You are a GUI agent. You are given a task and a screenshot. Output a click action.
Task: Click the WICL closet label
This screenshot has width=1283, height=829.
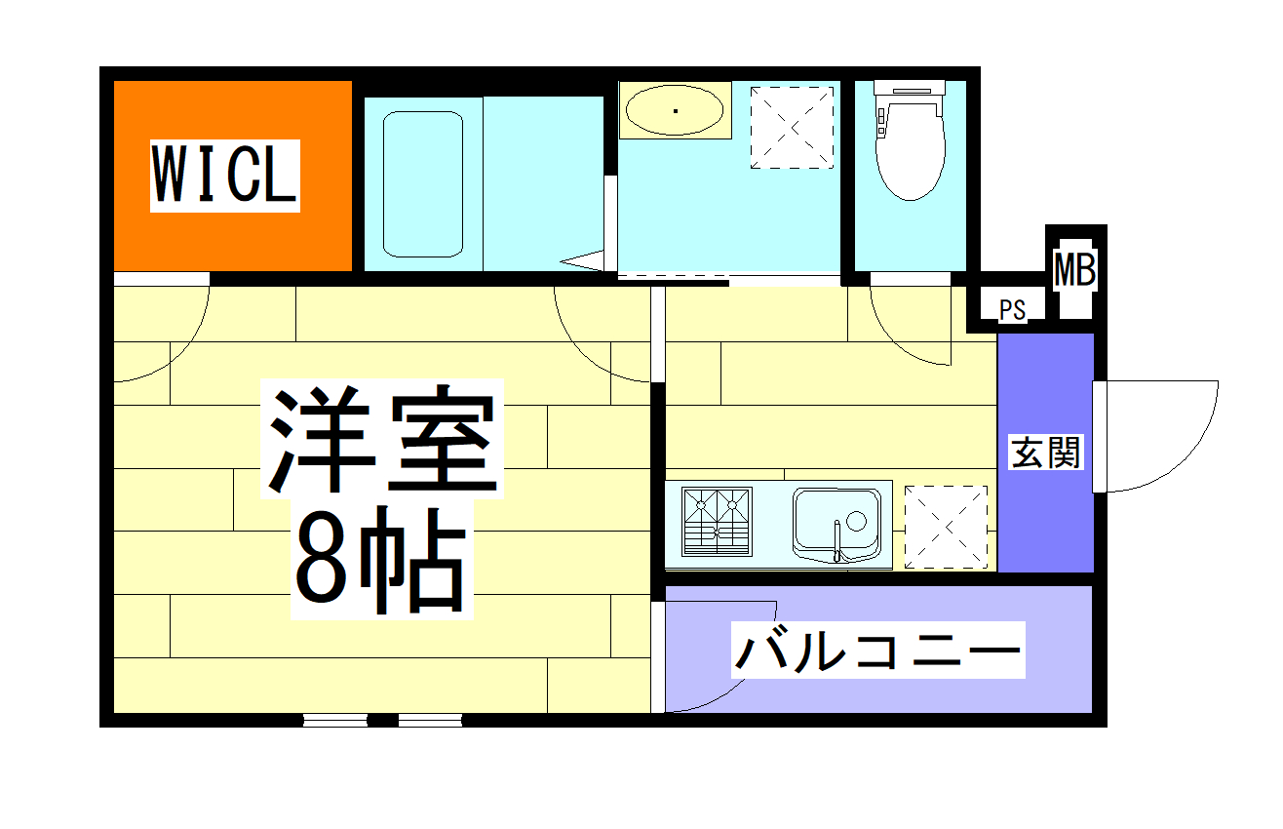(224, 176)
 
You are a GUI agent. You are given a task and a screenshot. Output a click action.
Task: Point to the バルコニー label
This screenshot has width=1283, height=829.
(877, 650)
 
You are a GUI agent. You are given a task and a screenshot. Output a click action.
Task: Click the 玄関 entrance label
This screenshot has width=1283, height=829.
(1046, 452)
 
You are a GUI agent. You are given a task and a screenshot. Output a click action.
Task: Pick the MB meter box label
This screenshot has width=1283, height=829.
(1075, 270)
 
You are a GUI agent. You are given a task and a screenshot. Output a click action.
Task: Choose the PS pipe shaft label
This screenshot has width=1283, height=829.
(1012, 310)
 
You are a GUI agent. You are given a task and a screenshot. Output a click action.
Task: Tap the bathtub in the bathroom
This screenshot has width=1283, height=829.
(422, 184)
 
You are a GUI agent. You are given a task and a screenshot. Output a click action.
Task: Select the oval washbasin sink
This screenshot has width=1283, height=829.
(676, 110)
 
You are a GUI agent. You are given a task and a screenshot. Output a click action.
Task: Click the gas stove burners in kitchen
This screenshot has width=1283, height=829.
(718, 521)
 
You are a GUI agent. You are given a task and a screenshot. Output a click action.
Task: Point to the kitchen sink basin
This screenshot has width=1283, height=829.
(836, 521)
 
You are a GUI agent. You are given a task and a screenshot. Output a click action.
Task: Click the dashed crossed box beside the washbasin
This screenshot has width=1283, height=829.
(792, 127)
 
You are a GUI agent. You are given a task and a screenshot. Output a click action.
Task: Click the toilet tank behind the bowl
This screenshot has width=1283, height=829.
(910, 88)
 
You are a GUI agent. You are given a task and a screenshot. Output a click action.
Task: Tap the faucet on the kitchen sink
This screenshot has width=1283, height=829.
(836, 541)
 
